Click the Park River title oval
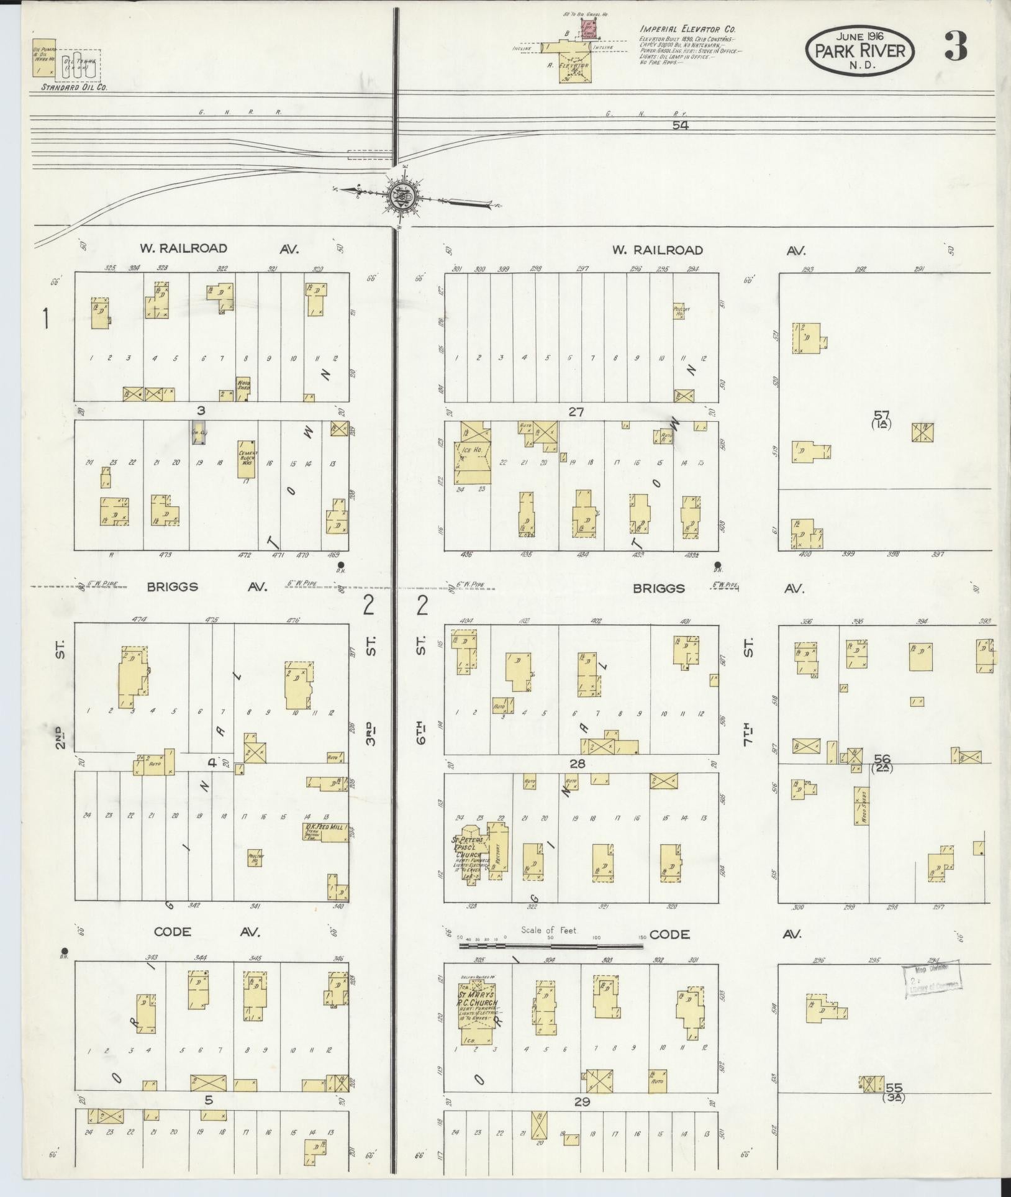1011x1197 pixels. tap(860, 50)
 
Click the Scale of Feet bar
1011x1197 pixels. tap(551, 963)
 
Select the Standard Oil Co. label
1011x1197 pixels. tap(74, 88)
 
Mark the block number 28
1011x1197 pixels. tap(578, 763)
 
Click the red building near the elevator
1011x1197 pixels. tap(588, 27)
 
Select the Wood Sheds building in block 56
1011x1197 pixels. tap(861, 806)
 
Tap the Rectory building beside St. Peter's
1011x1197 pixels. tap(497, 849)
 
